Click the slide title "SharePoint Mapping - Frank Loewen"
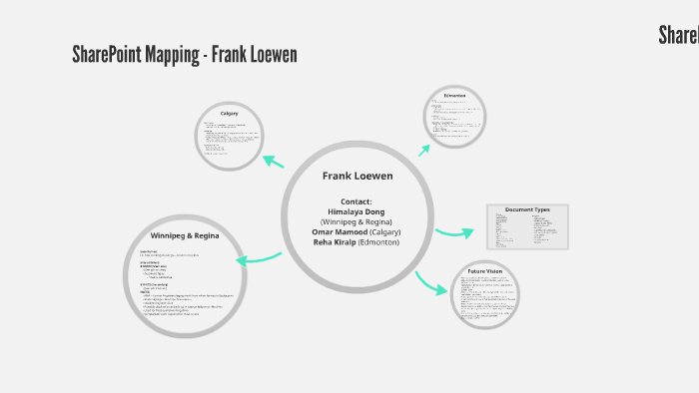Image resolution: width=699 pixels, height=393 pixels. pos(185,54)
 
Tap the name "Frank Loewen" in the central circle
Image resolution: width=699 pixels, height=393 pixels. pos(357,176)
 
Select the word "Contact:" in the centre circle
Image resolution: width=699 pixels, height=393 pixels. pos(356,201)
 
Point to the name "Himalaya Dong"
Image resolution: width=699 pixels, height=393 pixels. pos(356,211)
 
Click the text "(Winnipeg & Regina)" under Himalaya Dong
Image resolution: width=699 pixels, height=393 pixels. pos(356,221)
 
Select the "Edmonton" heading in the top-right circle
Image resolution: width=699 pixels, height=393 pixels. pos(455,96)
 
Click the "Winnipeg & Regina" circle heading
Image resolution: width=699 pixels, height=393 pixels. pos(185,236)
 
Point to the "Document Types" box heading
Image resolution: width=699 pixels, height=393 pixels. pos(527,210)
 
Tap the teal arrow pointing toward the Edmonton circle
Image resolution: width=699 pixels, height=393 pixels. pos(424,151)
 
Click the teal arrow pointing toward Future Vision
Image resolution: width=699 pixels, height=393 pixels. pos(430,282)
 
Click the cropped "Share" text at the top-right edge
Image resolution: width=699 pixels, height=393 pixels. pos(678,35)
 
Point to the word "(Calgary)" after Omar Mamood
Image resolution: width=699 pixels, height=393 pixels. pos(379,231)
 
